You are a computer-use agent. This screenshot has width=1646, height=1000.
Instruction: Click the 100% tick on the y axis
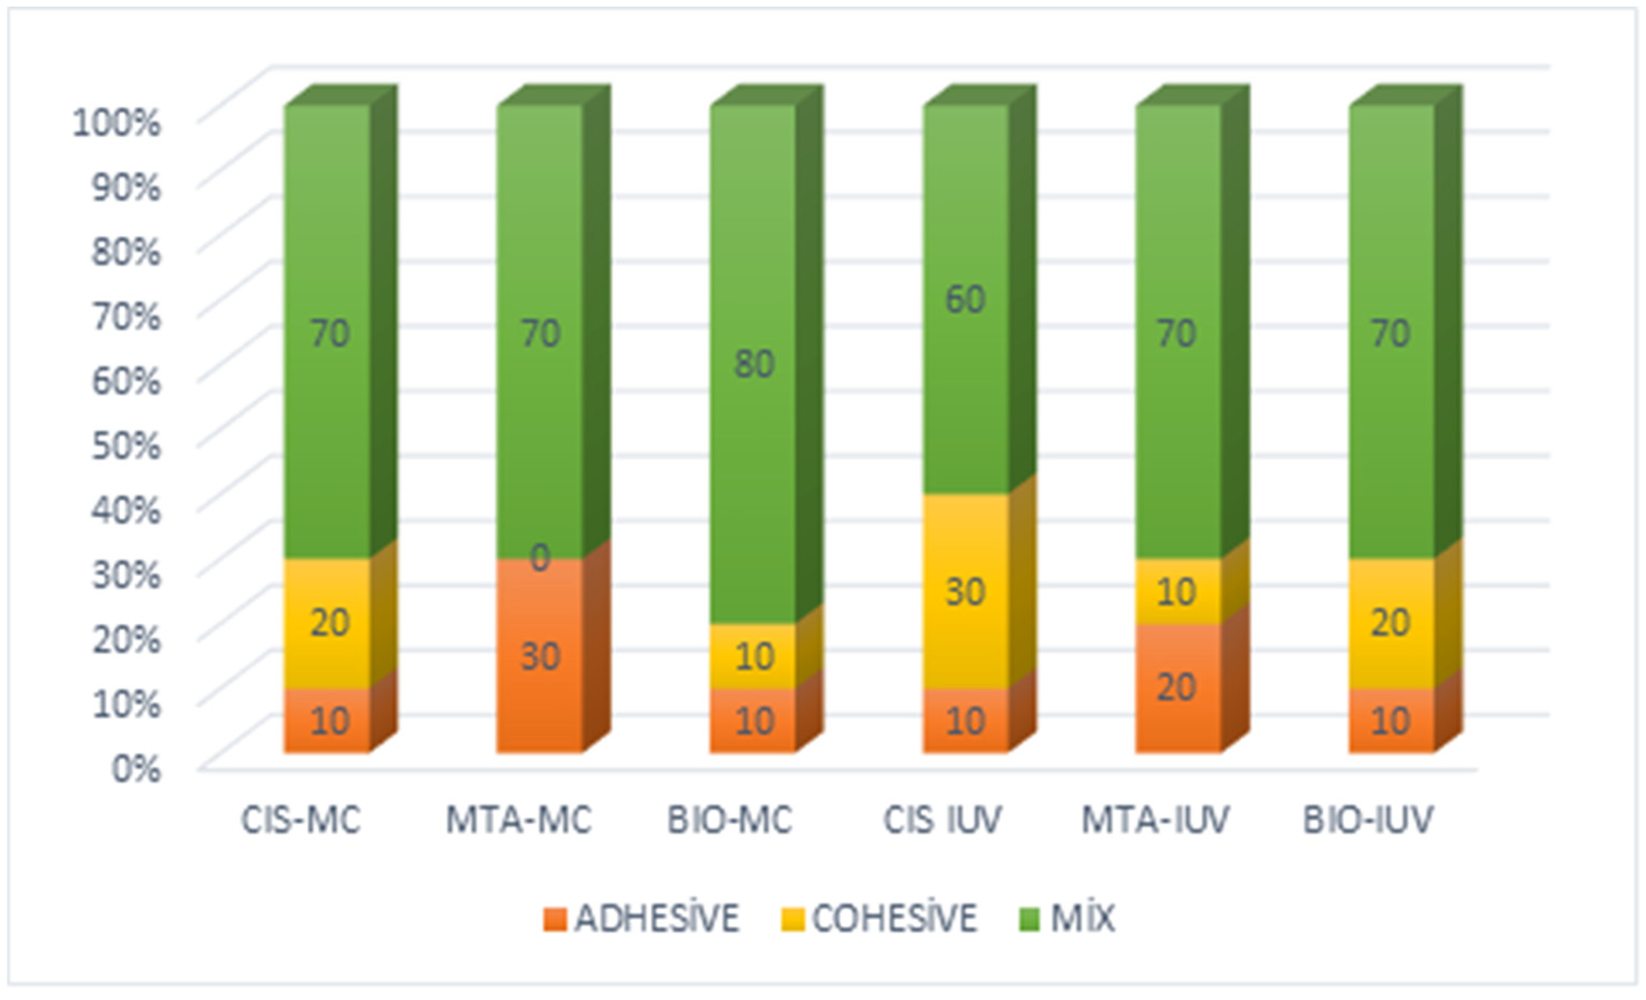(117, 124)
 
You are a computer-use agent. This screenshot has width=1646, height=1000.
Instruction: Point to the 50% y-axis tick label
(127, 445)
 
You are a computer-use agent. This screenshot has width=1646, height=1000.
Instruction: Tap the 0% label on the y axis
(136, 768)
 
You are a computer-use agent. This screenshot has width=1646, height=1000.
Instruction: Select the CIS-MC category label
(301, 820)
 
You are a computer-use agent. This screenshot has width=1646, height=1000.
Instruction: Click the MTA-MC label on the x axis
(519, 820)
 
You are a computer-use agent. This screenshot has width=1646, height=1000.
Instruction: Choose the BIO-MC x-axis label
(730, 820)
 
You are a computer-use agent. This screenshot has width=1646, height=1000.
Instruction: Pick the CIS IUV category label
(943, 820)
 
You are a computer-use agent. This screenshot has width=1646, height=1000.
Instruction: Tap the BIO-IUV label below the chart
(1368, 820)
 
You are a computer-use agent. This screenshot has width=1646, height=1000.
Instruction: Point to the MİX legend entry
(1069, 919)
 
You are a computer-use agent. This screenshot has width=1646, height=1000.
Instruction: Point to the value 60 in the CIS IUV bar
(965, 299)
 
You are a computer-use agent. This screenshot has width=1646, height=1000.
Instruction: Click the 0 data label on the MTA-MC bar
(540, 557)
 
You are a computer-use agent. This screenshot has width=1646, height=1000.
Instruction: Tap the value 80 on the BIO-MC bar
(754, 365)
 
